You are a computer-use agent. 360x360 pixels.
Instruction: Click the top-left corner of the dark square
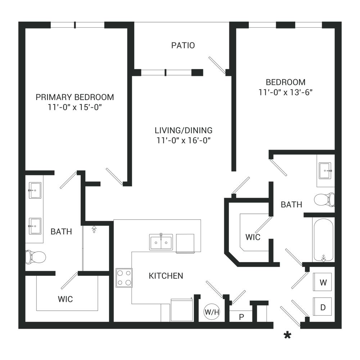(x=19, y=22)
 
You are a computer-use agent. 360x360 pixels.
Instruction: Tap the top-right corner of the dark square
(x=341, y=22)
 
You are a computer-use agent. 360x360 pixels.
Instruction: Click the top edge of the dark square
(x=180, y=22)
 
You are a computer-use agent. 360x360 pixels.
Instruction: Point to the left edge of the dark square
(x=19, y=180)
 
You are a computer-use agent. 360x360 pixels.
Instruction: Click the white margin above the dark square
(x=180, y=11)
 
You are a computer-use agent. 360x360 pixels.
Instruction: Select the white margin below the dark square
(x=180, y=349)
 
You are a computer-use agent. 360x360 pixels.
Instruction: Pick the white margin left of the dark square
(x=9, y=180)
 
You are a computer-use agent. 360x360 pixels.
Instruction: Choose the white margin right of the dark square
(x=351, y=180)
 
